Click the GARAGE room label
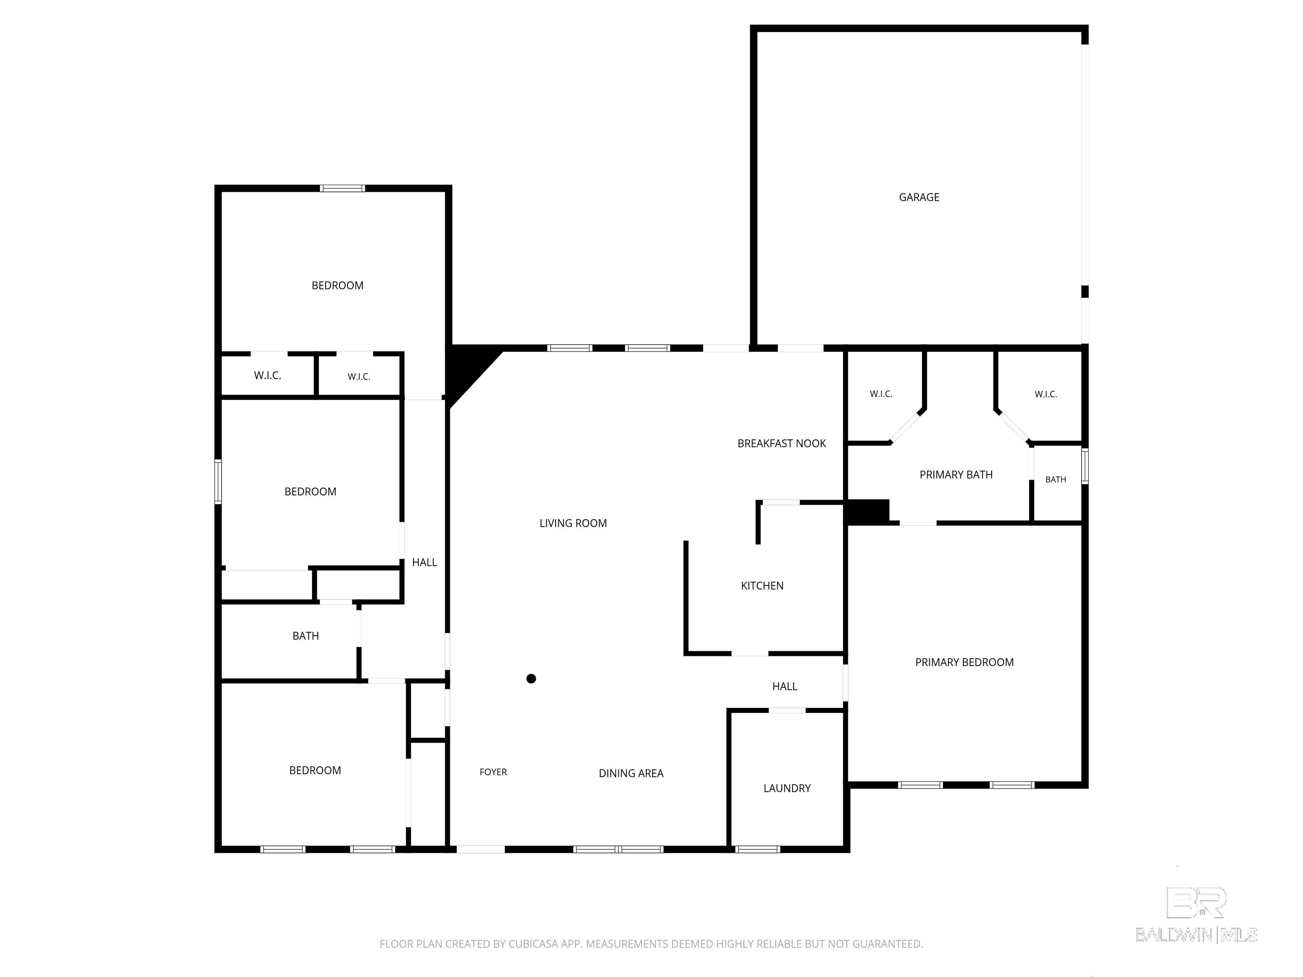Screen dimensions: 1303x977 pyautogui.click(x=919, y=197)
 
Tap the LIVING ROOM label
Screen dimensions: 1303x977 pyautogui.click(x=573, y=523)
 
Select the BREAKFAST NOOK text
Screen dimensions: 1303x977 pyautogui.click(x=782, y=444)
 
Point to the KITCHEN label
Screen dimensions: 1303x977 pyautogui.click(x=762, y=585)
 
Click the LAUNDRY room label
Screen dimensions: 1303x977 pyautogui.click(x=787, y=788)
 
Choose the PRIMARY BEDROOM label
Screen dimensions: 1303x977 pyautogui.click(x=964, y=662)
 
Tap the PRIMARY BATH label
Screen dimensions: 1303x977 pyautogui.click(x=956, y=475)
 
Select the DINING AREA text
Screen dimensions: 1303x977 pyautogui.click(x=631, y=773)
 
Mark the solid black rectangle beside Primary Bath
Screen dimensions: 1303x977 pyautogui.click(x=867, y=512)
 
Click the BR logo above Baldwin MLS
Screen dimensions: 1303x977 pyautogui.click(x=1197, y=903)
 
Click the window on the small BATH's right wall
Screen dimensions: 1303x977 pyautogui.click(x=1085, y=466)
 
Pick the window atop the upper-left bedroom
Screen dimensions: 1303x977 pyautogui.click(x=342, y=188)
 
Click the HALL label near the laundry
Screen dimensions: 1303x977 pyautogui.click(x=785, y=686)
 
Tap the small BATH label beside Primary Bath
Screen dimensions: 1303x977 pyautogui.click(x=1056, y=479)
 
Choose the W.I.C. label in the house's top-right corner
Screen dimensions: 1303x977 pyautogui.click(x=1046, y=394)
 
